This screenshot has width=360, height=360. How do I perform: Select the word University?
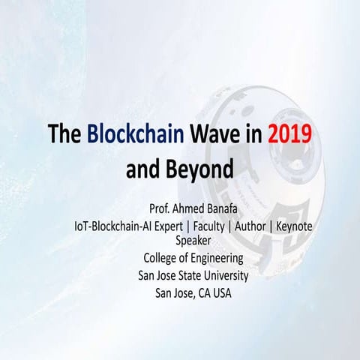point(223,276)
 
